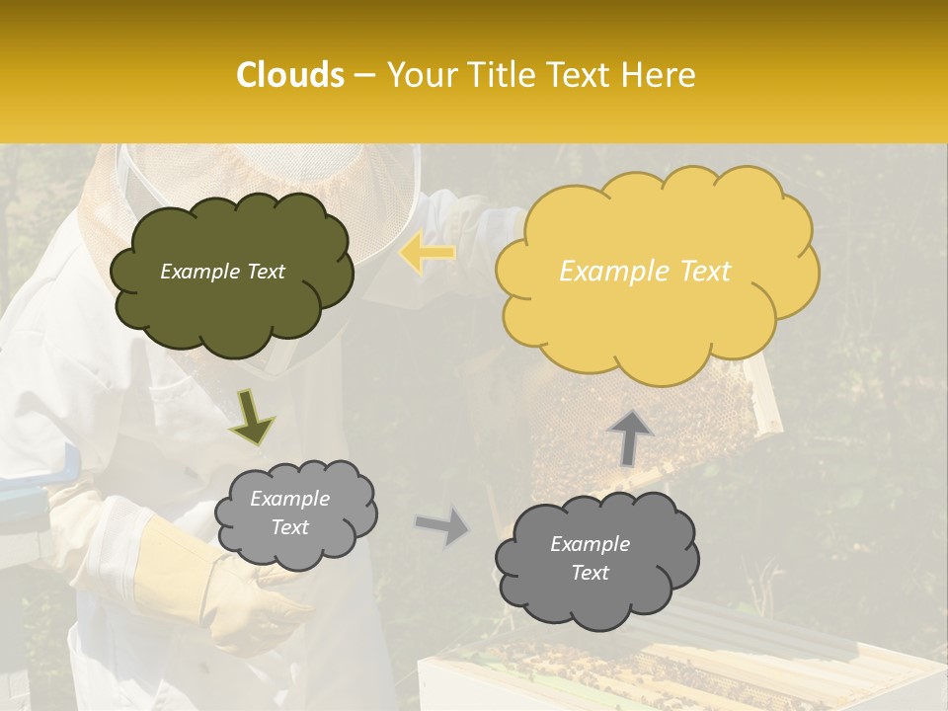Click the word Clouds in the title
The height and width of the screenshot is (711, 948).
[290, 75]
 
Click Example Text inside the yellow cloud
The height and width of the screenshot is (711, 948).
[645, 272]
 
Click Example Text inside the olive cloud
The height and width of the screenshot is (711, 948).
[222, 272]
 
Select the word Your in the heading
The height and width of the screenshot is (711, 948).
[420, 75]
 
